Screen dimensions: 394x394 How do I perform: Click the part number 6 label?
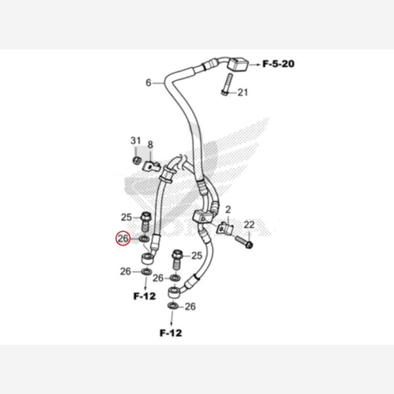pyautogui.click(x=148, y=83)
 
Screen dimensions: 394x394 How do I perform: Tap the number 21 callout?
pyautogui.click(x=243, y=93)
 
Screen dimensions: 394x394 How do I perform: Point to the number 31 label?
pyautogui.click(x=136, y=141)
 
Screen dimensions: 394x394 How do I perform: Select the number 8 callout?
pyautogui.click(x=150, y=144)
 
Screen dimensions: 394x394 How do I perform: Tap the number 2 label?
pyautogui.click(x=229, y=209)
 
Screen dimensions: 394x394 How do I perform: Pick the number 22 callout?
pyautogui.click(x=249, y=225)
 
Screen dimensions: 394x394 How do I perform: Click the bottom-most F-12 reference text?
pyautogui.click(x=170, y=332)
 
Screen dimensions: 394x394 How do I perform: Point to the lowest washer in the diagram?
pyautogui.click(x=172, y=306)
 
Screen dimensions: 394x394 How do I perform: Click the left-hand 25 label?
pyautogui.click(x=127, y=217)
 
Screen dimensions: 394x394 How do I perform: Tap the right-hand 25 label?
pyautogui.click(x=196, y=255)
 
